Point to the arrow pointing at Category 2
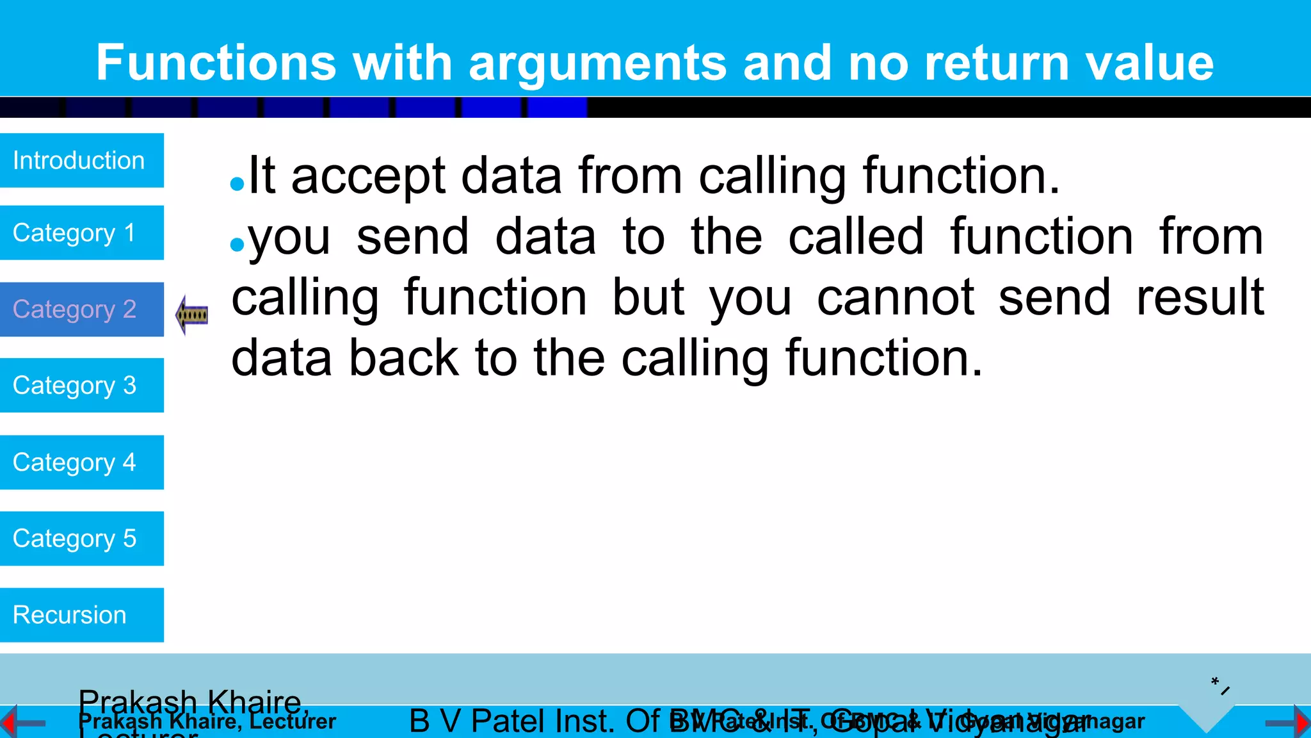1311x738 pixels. click(191, 315)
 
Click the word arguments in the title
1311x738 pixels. click(597, 63)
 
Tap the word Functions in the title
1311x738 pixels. click(216, 63)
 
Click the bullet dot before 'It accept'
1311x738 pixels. click(237, 184)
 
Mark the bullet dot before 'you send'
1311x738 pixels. click(237, 245)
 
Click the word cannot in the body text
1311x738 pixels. click(896, 297)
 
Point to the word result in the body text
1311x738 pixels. click(1200, 297)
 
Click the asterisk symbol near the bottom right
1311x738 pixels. click(1214, 681)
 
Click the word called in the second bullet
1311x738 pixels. click(856, 237)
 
